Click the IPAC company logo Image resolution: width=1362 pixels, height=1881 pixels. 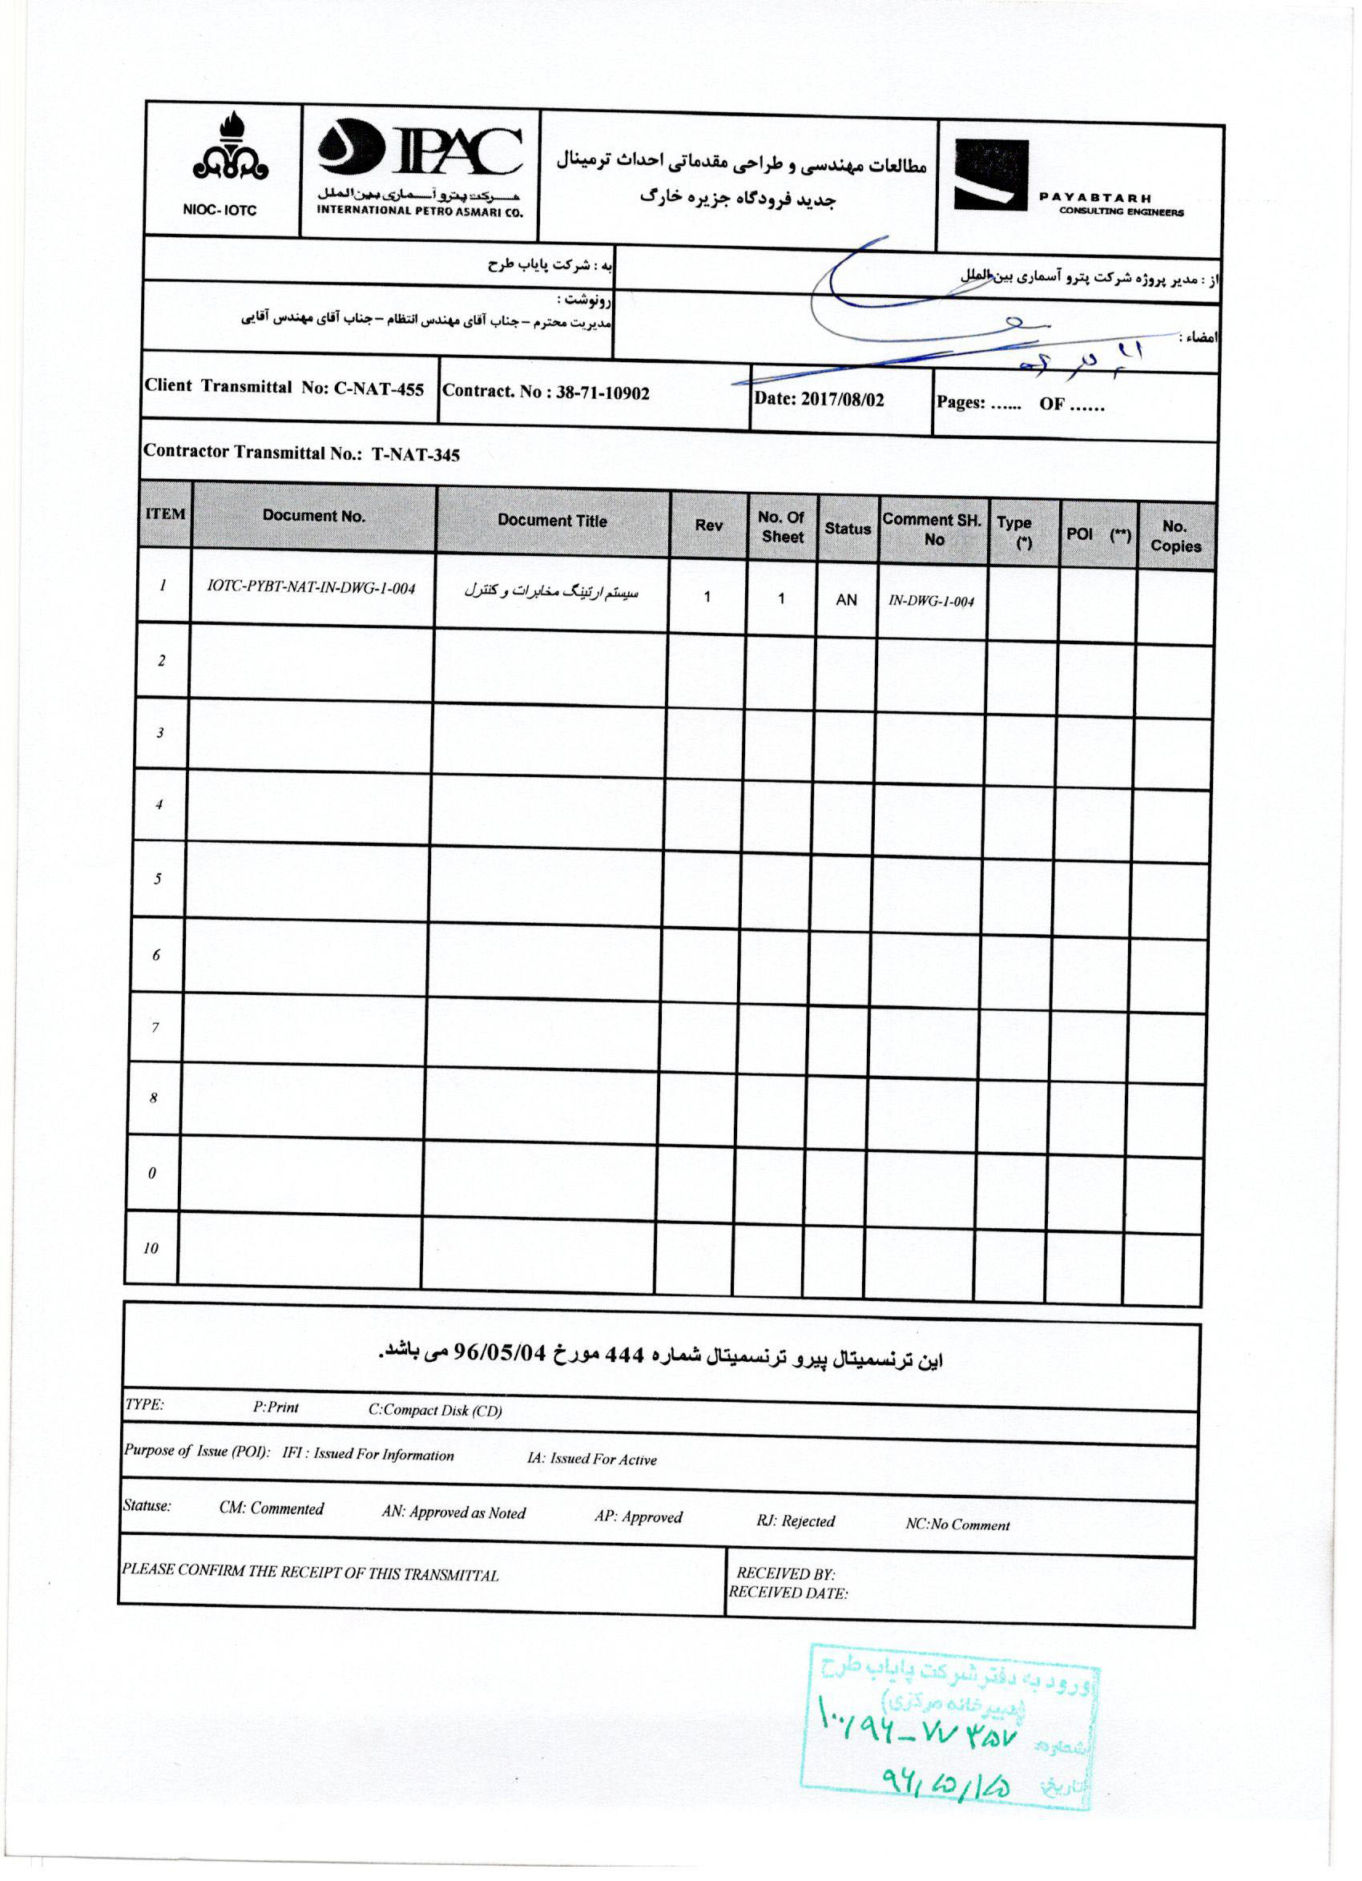421,148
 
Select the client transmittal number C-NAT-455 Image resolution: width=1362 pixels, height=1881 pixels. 379,389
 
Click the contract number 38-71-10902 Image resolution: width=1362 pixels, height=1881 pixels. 602,393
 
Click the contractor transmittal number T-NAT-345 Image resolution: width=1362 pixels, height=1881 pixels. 415,454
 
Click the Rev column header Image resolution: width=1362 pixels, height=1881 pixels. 707,525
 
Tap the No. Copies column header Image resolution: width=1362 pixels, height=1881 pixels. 1175,536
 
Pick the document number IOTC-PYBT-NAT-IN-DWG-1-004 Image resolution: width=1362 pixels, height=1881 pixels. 311,588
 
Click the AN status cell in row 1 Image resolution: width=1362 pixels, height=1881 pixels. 846,598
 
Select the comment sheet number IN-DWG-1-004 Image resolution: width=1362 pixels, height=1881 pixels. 931,602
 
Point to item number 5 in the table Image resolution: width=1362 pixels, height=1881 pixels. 157,878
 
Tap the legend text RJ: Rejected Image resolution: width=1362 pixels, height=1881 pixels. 795,1521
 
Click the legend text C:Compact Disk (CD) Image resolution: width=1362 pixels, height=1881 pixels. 435,1410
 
